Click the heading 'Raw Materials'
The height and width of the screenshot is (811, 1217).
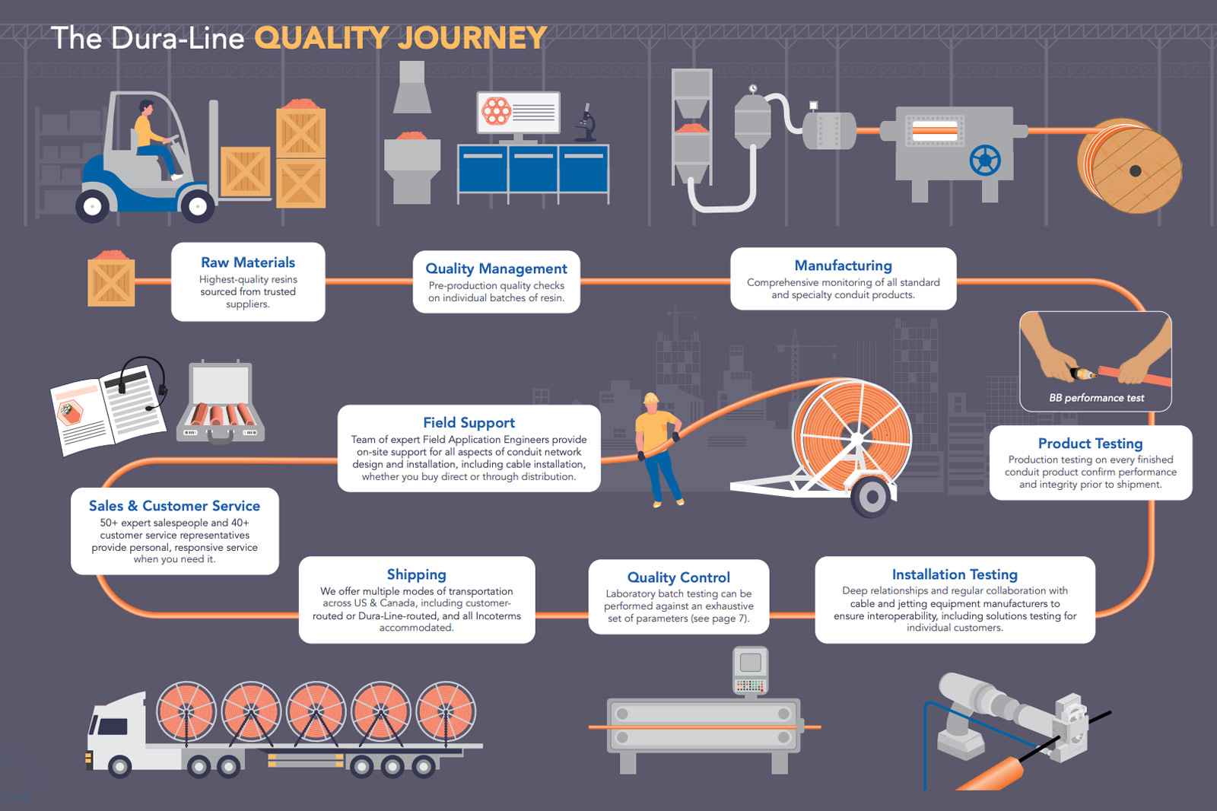[x=248, y=262]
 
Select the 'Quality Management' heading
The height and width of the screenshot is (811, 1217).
[x=496, y=269]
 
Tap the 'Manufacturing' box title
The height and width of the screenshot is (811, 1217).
[x=843, y=266]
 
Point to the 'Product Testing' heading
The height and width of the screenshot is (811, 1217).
[x=1090, y=444]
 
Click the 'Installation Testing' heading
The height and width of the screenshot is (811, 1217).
[x=955, y=574]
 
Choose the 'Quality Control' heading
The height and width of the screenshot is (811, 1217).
[x=678, y=577]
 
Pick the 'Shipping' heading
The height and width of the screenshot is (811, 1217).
[x=416, y=574]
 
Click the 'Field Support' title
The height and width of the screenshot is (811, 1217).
[x=469, y=422]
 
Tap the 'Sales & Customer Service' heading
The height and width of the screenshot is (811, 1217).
[x=174, y=506]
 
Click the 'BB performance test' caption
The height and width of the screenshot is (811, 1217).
[x=1096, y=398]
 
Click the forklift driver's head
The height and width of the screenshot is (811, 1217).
[x=145, y=108]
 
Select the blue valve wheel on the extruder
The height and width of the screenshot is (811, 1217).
[x=984, y=161]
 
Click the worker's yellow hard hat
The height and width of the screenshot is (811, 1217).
[x=650, y=398]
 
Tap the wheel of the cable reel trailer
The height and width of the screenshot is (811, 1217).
[x=872, y=498]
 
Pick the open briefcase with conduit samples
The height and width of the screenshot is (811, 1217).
[x=221, y=403]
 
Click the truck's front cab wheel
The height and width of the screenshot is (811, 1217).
[x=119, y=766]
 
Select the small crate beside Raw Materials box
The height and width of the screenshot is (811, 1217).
[x=111, y=280]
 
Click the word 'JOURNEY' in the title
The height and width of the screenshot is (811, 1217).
[x=472, y=38]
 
